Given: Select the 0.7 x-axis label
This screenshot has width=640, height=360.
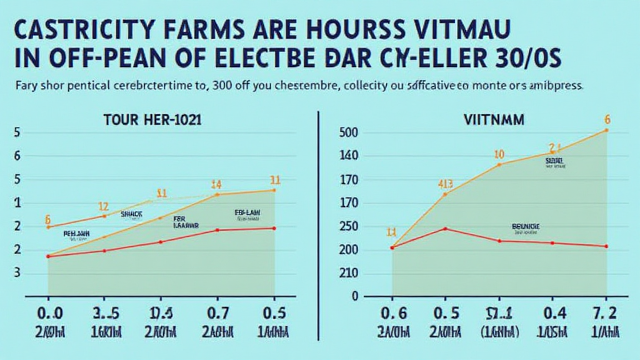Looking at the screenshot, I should [218, 312].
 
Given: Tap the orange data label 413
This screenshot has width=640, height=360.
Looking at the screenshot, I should [445, 184].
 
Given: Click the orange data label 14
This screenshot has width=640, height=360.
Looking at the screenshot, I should [216, 184].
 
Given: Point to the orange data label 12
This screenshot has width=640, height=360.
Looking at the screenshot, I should [104, 207].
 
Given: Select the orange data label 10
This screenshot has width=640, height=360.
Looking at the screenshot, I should [499, 154].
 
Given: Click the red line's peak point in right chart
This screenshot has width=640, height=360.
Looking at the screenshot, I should [445, 229].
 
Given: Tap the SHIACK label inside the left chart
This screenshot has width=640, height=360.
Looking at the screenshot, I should [131, 214].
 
